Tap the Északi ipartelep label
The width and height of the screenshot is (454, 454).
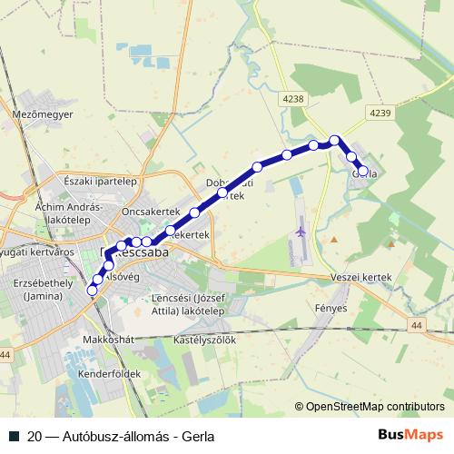point(100,181)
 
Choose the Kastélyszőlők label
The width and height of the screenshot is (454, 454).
point(204,340)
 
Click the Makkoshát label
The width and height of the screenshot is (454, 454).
point(108,340)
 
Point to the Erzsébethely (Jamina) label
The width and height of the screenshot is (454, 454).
point(38,289)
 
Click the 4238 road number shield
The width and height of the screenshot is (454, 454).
point(293,99)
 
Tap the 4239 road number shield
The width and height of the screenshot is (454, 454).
point(380,112)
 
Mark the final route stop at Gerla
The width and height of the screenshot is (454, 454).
point(363,171)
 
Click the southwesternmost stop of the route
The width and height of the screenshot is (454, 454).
point(92,291)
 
